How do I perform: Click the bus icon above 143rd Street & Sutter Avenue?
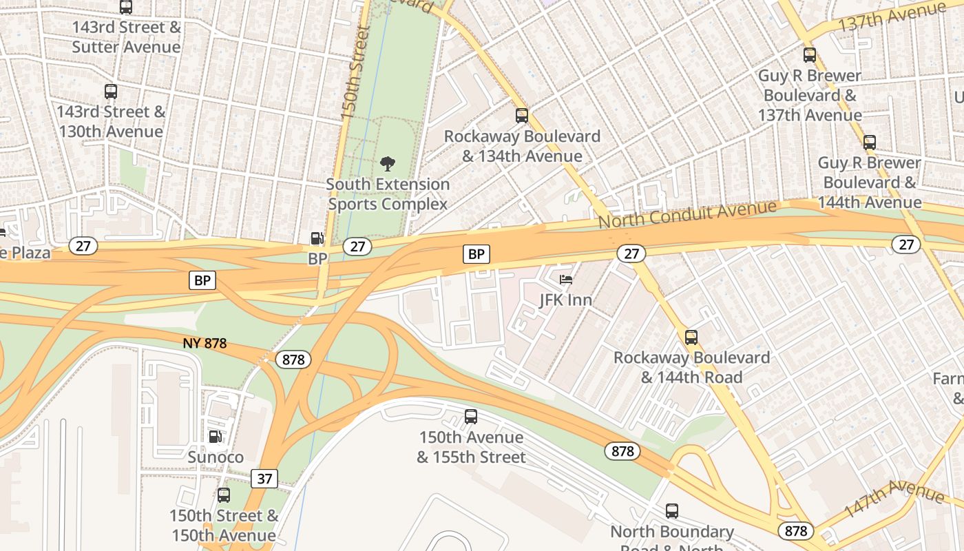[126, 7]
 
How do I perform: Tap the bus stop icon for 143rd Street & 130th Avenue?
[111, 91]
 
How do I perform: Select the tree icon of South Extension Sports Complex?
[388, 164]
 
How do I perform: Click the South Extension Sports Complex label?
[388, 194]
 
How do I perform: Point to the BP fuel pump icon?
[317, 238]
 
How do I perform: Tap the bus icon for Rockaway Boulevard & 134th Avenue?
[522, 116]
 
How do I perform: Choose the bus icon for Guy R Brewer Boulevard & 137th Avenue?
[810, 55]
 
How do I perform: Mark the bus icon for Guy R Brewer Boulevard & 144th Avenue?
[870, 143]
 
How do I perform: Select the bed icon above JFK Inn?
[566, 280]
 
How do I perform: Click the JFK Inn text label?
[566, 300]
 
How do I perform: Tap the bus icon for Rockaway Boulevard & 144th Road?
[691, 337]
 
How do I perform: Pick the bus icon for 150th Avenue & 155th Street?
[471, 417]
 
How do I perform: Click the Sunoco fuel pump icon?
[216, 437]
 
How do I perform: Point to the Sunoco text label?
[216, 457]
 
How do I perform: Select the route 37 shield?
[265, 478]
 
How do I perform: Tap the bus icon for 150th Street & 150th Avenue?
[224, 495]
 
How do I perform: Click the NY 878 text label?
[205, 343]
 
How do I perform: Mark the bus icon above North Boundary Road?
[672, 511]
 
